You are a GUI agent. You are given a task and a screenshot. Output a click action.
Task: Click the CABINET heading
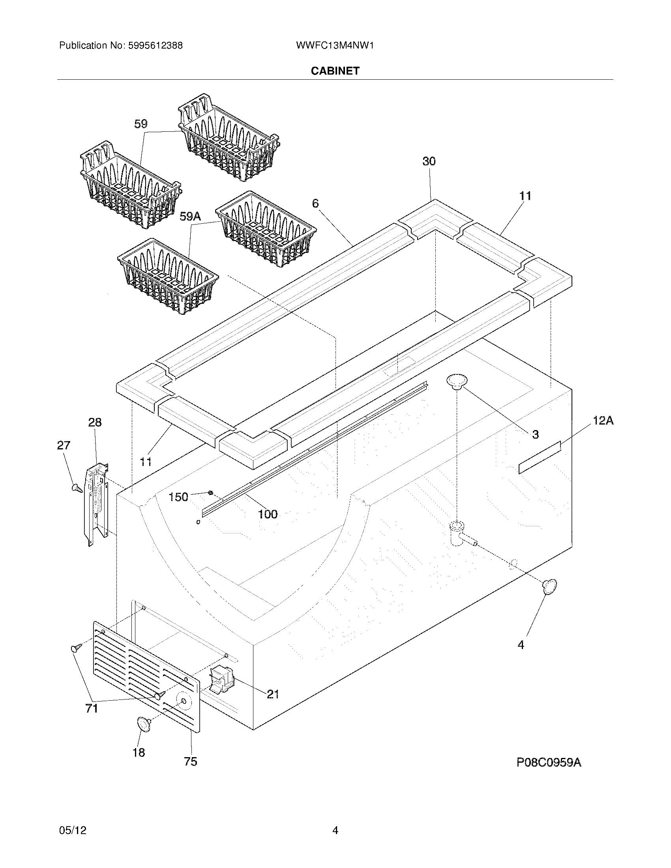[x=335, y=71]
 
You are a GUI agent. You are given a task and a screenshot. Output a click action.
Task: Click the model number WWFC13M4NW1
[x=335, y=45]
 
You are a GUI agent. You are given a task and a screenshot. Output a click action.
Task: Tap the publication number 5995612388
[x=155, y=45]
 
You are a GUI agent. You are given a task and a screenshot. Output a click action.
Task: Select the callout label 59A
[x=190, y=216]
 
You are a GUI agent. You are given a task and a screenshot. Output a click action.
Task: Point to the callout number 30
[x=429, y=161]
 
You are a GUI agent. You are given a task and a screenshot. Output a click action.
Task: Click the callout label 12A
[x=603, y=421]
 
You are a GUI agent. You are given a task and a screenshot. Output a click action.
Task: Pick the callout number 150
[x=178, y=497]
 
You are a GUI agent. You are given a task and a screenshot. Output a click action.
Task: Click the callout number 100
[x=268, y=514]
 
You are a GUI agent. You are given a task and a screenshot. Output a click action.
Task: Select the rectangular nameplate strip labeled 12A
[x=540, y=457]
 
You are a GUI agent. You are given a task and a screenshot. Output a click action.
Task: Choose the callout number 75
[x=190, y=761]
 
